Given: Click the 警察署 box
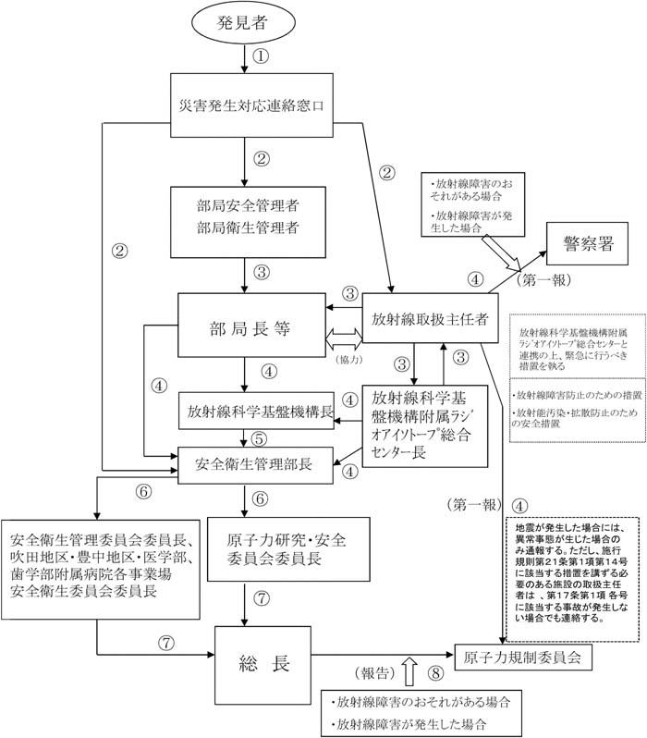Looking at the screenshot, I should coord(588,244).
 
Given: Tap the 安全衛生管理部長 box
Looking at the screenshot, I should coord(256,462).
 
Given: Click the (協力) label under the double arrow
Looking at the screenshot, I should coord(341,358).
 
